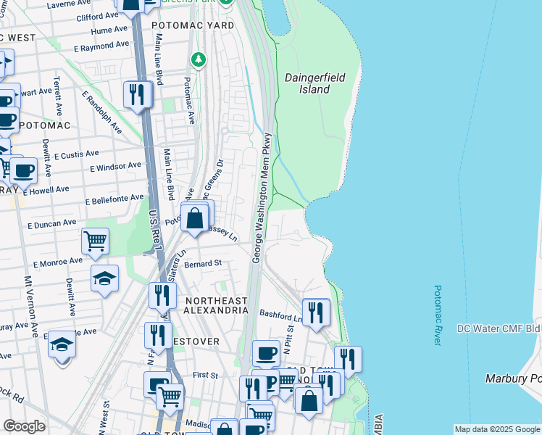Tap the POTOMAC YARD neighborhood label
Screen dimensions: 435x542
tap(193, 25)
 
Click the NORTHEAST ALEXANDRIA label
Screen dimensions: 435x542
tap(216, 305)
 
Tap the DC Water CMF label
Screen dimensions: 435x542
tap(499, 328)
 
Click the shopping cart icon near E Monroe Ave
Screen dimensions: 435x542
tap(95, 241)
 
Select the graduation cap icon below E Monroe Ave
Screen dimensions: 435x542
tap(104, 278)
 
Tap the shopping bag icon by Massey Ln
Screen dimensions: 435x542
tap(195, 217)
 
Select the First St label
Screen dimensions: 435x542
tap(205, 376)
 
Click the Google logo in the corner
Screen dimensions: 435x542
tap(24, 426)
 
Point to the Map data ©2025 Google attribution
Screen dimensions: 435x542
tap(497, 429)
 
